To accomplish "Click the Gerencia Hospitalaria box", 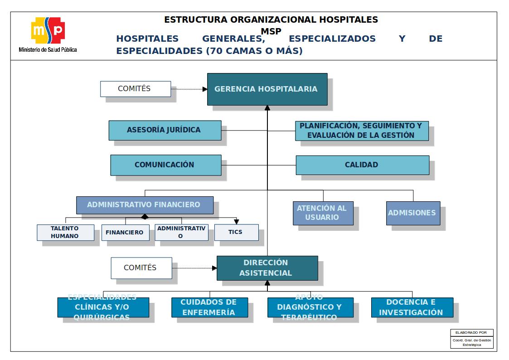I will point(267,89).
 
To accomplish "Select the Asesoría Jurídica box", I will point(165,130).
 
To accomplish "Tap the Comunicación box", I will point(166,165).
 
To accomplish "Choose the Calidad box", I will point(362,165).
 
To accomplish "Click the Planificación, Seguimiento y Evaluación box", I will point(362,131).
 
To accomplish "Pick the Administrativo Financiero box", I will point(145,205).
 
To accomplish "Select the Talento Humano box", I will point(65,233).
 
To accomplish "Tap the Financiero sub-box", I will point(125,233).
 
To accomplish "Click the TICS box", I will point(236,232).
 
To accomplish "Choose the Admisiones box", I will point(413,213).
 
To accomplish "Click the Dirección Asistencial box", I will point(267,268).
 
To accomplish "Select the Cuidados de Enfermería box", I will point(209,307).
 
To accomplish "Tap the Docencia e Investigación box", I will point(412,307).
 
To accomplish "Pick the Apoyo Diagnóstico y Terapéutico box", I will point(310,307).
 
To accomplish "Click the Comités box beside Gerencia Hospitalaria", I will point(135,89).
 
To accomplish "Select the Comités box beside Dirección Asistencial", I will point(141,268).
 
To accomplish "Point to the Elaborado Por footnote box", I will point(472,339).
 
